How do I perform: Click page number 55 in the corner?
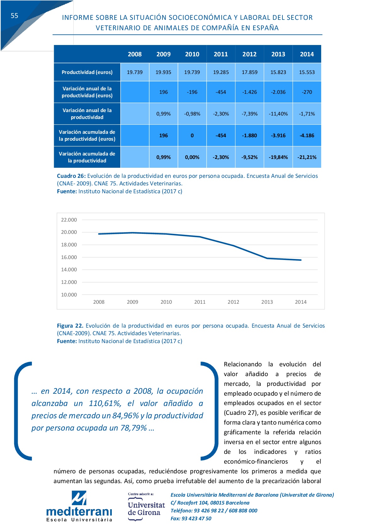tap(14, 16)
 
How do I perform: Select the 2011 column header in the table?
tap(221, 54)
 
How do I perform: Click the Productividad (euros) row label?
tap(87, 72)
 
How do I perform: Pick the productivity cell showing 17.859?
tap(249, 72)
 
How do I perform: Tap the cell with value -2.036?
tap(278, 92)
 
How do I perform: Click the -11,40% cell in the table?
tap(278, 114)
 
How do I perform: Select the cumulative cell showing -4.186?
tap(307, 135)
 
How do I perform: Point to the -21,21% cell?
tap(307, 157)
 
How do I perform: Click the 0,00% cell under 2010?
tap(192, 157)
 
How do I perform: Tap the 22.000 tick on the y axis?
tap(69, 220)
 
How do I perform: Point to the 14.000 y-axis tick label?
tap(69, 269)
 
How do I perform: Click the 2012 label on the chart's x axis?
tap(233, 302)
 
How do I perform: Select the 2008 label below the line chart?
tap(99, 302)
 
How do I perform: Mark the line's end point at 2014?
tap(301, 260)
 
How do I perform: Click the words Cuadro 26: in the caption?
tap(71, 176)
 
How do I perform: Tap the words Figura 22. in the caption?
tap(70, 326)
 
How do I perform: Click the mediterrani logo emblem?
tap(79, 498)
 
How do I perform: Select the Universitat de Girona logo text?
tap(146, 509)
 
